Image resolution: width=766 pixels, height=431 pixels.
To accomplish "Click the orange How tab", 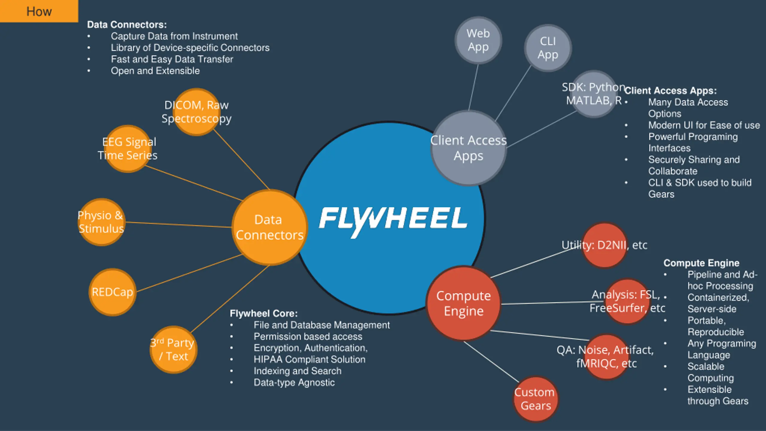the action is click(x=39, y=11).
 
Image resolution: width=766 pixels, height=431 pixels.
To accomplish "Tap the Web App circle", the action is click(x=478, y=40).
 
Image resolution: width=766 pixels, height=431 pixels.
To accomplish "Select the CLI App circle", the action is click(x=548, y=48).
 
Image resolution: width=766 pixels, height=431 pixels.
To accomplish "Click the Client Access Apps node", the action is click(x=469, y=148).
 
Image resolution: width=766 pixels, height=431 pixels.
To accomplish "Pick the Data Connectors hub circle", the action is click(x=270, y=227).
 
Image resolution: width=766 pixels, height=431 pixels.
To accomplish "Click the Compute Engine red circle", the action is click(x=463, y=303).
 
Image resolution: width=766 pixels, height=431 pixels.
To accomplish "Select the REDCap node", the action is click(x=113, y=292).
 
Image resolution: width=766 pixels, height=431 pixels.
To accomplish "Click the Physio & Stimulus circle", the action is click(x=101, y=222).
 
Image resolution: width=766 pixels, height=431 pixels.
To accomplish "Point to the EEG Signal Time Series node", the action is click(x=128, y=149).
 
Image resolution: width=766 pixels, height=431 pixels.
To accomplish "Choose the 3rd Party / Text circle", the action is click(x=174, y=350).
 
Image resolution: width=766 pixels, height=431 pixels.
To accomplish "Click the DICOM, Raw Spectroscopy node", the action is click(x=197, y=112).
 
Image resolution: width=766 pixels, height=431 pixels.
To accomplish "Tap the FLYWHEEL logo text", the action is click(x=393, y=221).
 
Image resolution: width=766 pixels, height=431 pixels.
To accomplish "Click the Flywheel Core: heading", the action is click(x=264, y=313).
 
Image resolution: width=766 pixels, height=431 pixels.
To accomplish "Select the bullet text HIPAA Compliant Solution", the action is click(x=309, y=359).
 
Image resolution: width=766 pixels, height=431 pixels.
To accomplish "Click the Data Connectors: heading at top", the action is click(x=127, y=25).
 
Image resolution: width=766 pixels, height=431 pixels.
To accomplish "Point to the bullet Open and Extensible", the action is click(x=155, y=71).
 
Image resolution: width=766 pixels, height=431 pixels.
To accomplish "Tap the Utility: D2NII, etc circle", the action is click(x=604, y=245).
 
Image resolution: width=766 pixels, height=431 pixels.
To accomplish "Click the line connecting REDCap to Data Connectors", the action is click(x=189, y=273).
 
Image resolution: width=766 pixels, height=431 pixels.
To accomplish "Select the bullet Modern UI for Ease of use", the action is click(x=704, y=125).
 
